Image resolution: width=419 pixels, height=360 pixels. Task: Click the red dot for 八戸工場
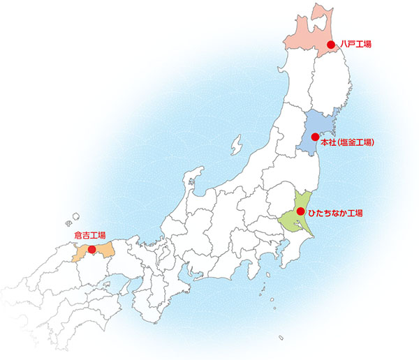coord(331,44)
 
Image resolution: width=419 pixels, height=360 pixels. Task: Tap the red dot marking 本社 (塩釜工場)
coord(315,136)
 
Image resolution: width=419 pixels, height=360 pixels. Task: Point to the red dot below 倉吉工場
coord(91,248)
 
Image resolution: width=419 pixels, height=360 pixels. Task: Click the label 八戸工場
coord(355,44)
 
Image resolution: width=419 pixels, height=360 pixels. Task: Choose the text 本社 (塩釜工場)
coord(348,142)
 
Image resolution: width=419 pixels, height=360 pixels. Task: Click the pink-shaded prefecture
coord(307,28)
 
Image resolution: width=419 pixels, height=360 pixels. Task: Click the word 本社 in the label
coord(328,142)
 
